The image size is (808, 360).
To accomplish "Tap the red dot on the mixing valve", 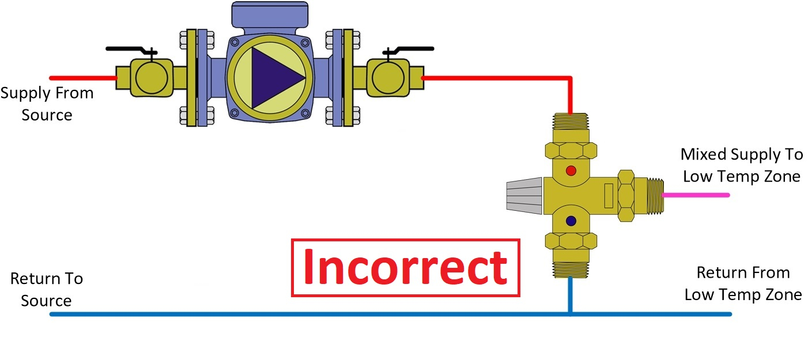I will (571, 170).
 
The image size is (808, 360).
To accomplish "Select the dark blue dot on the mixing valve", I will (571, 220).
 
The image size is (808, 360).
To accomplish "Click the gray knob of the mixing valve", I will (523, 196).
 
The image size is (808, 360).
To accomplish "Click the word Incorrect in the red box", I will (405, 268).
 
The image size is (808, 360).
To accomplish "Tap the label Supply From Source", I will (47, 104).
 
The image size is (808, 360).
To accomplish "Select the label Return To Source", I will (46, 290).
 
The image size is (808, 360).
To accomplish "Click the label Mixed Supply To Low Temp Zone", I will (742, 165).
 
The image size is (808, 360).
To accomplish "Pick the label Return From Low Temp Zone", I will (743, 283).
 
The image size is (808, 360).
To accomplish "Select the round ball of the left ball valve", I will (152, 77).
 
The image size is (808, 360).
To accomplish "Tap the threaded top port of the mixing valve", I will (571, 121).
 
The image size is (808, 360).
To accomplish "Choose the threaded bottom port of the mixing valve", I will (571, 270).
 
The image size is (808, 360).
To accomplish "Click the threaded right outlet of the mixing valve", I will (650, 195).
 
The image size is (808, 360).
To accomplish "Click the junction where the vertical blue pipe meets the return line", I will (571, 314).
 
